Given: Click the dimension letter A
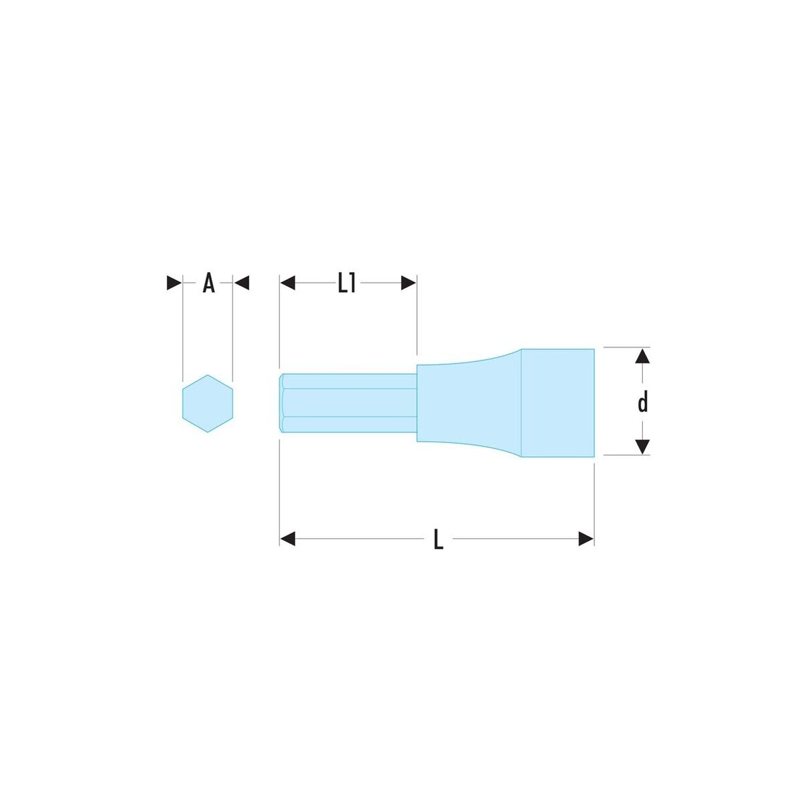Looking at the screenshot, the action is [x=209, y=283].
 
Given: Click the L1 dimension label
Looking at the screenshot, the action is [x=346, y=283].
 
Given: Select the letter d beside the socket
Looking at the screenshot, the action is [x=643, y=403].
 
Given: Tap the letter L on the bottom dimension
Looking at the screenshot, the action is [x=438, y=539].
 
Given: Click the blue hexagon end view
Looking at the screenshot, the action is [x=208, y=403].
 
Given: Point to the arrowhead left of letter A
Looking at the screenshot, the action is [x=174, y=283].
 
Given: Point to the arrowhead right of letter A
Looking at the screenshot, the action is [x=242, y=283].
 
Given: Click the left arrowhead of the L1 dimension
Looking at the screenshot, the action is [x=287, y=283].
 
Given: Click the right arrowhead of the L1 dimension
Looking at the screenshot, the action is [x=408, y=283].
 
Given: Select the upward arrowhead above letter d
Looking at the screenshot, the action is [x=643, y=356].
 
